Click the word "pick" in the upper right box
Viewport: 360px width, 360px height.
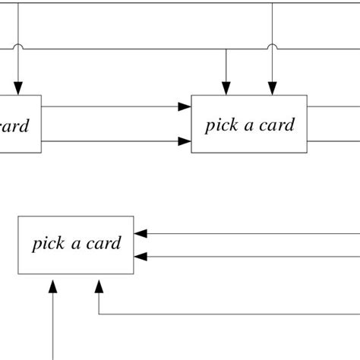pyautogui.click(x=219, y=125)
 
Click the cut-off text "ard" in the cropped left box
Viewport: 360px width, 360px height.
pyautogui.click(x=14, y=125)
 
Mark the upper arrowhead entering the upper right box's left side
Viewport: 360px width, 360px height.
pyautogui.click(x=184, y=107)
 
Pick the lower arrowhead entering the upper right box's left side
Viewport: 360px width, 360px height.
pyautogui.click(x=184, y=141)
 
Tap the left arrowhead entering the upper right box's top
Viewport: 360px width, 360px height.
pyautogui.click(x=226, y=89)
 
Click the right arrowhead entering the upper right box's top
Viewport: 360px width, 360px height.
pyautogui.click(x=272, y=89)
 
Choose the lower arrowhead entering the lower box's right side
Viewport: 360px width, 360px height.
pyautogui.click(x=141, y=257)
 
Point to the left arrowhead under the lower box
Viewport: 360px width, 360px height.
pyautogui.click(x=52, y=286)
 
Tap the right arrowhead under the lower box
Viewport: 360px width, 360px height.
pyautogui.click(x=99, y=286)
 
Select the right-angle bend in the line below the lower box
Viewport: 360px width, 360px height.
pyautogui.click(x=99, y=313)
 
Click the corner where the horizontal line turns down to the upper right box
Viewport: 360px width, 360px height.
pyautogui.click(x=226, y=50)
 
